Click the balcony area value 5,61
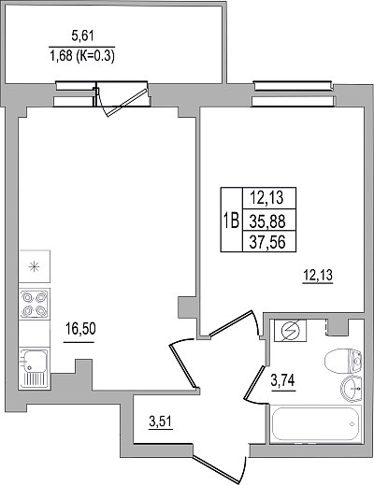pyautogui.click(x=82, y=36)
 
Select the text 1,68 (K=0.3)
pyautogui.click(x=82, y=56)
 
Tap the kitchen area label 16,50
pyautogui.click(x=80, y=329)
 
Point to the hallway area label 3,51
pyautogui.click(x=161, y=422)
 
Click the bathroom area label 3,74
pyautogui.click(x=282, y=380)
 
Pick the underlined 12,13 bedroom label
pyautogui.click(x=318, y=276)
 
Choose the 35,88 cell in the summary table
pyautogui.click(x=267, y=221)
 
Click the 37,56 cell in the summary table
pyautogui.click(x=267, y=241)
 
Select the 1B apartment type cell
pyautogui.click(x=232, y=220)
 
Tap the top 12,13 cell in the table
pyautogui.click(x=267, y=198)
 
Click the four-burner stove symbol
pyautogui.click(x=35, y=304)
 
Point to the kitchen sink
pyautogui.click(x=35, y=368)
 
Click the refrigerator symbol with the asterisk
pyautogui.click(x=35, y=266)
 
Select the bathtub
pyautogui.click(x=316, y=423)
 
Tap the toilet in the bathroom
pyautogui.click(x=343, y=362)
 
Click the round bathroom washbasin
pyautogui.click(x=352, y=389)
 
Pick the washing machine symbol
pyautogui.click(x=290, y=330)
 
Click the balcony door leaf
pyautogui.click(x=126, y=103)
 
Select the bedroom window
pyautogui.click(x=294, y=93)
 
